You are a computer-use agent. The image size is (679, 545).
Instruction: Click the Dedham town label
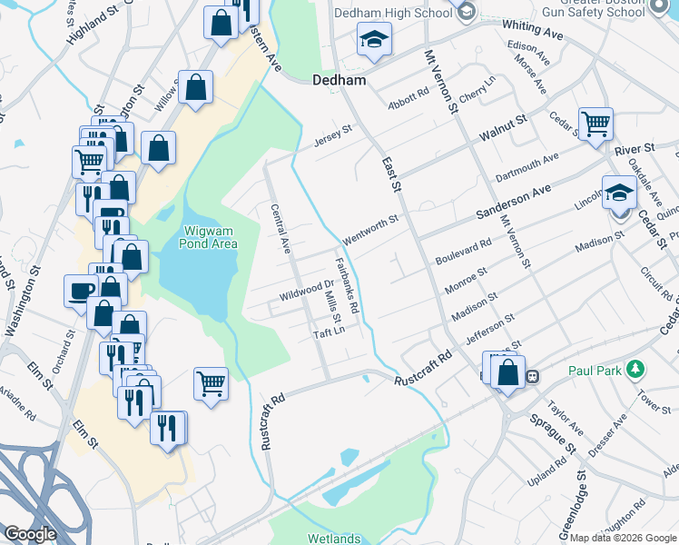(339, 80)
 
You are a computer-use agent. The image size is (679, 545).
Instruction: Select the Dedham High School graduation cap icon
(373, 41)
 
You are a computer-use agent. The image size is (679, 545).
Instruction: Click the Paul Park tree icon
(636, 370)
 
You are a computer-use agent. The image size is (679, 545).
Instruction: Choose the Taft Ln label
(330, 333)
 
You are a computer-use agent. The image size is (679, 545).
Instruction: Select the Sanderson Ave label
(514, 204)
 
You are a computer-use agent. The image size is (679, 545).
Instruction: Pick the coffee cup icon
(81, 291)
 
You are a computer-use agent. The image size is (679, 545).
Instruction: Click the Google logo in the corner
(30, 534)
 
